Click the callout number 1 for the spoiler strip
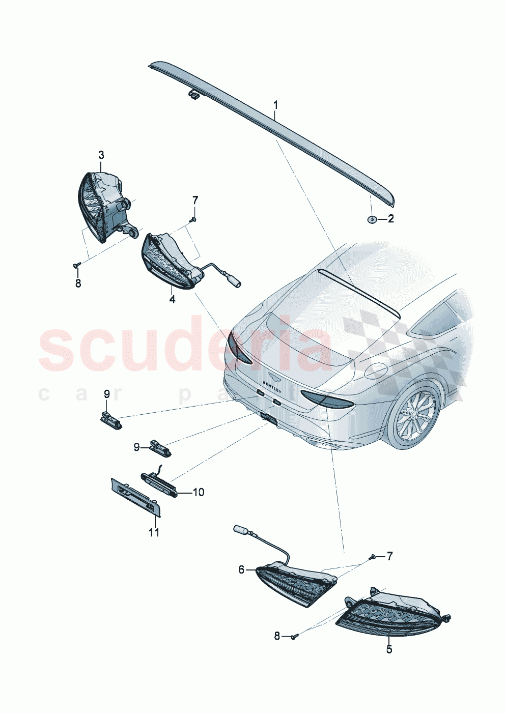[x=275, y=105]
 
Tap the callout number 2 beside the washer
[x=390, y=219]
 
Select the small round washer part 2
[x=372, y=219]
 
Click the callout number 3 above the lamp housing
[x=101, y=154]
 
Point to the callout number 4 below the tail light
[x=172, y=300]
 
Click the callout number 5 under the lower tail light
[x=389, y=649]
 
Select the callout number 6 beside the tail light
[x=241, y=569]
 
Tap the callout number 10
[x=198, y=492]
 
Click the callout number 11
[x=154, y=532]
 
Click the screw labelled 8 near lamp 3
[x=77, y=265]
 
